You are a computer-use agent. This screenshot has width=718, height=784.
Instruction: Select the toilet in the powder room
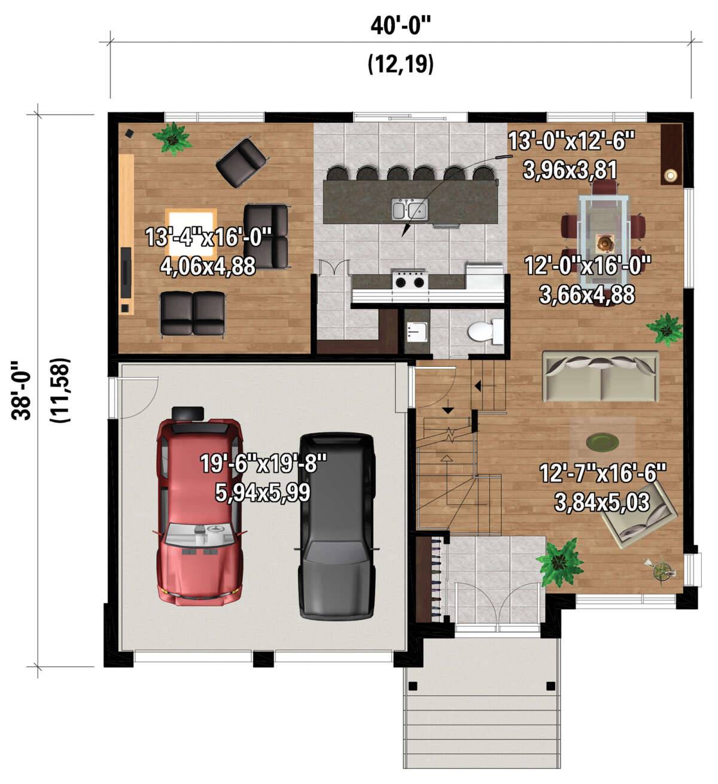pyautogui.click(x=485, y=332)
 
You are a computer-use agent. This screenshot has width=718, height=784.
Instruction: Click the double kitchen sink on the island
pyautogui.click(x=410, y=208)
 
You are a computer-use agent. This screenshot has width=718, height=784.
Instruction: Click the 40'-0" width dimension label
pyautogui.click(x=400, y=26)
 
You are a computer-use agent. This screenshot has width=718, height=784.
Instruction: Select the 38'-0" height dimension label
pyautogui.click(x=21, y=390)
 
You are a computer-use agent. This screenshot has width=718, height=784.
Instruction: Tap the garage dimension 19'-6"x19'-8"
pyautogui.click(x=263, y=464)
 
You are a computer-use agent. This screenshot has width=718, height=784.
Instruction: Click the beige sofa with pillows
pyautogui.click(x=600, y=376)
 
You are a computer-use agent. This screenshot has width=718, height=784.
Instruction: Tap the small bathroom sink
pyautogui.click(x=417, y=332)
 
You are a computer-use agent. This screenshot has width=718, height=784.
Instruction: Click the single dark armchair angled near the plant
pyautogui.click(x=242, y=162)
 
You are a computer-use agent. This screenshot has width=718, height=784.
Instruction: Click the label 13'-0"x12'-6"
pyautogui.click(x=571, y=141)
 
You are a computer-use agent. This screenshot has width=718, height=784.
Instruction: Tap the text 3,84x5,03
pyautogui.click(x=602, y=502)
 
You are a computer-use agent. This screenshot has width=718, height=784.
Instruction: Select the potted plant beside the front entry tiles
pyautogui.click(x=560, y=562)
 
